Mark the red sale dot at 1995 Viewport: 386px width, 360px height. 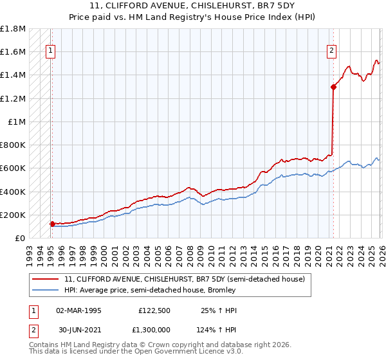[52, 224]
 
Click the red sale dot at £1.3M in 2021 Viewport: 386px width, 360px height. [333, 87]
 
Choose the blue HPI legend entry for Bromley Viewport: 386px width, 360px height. [150, 290]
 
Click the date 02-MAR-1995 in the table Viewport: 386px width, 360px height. [78, 310]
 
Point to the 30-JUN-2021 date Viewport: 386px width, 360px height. [78, 330]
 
